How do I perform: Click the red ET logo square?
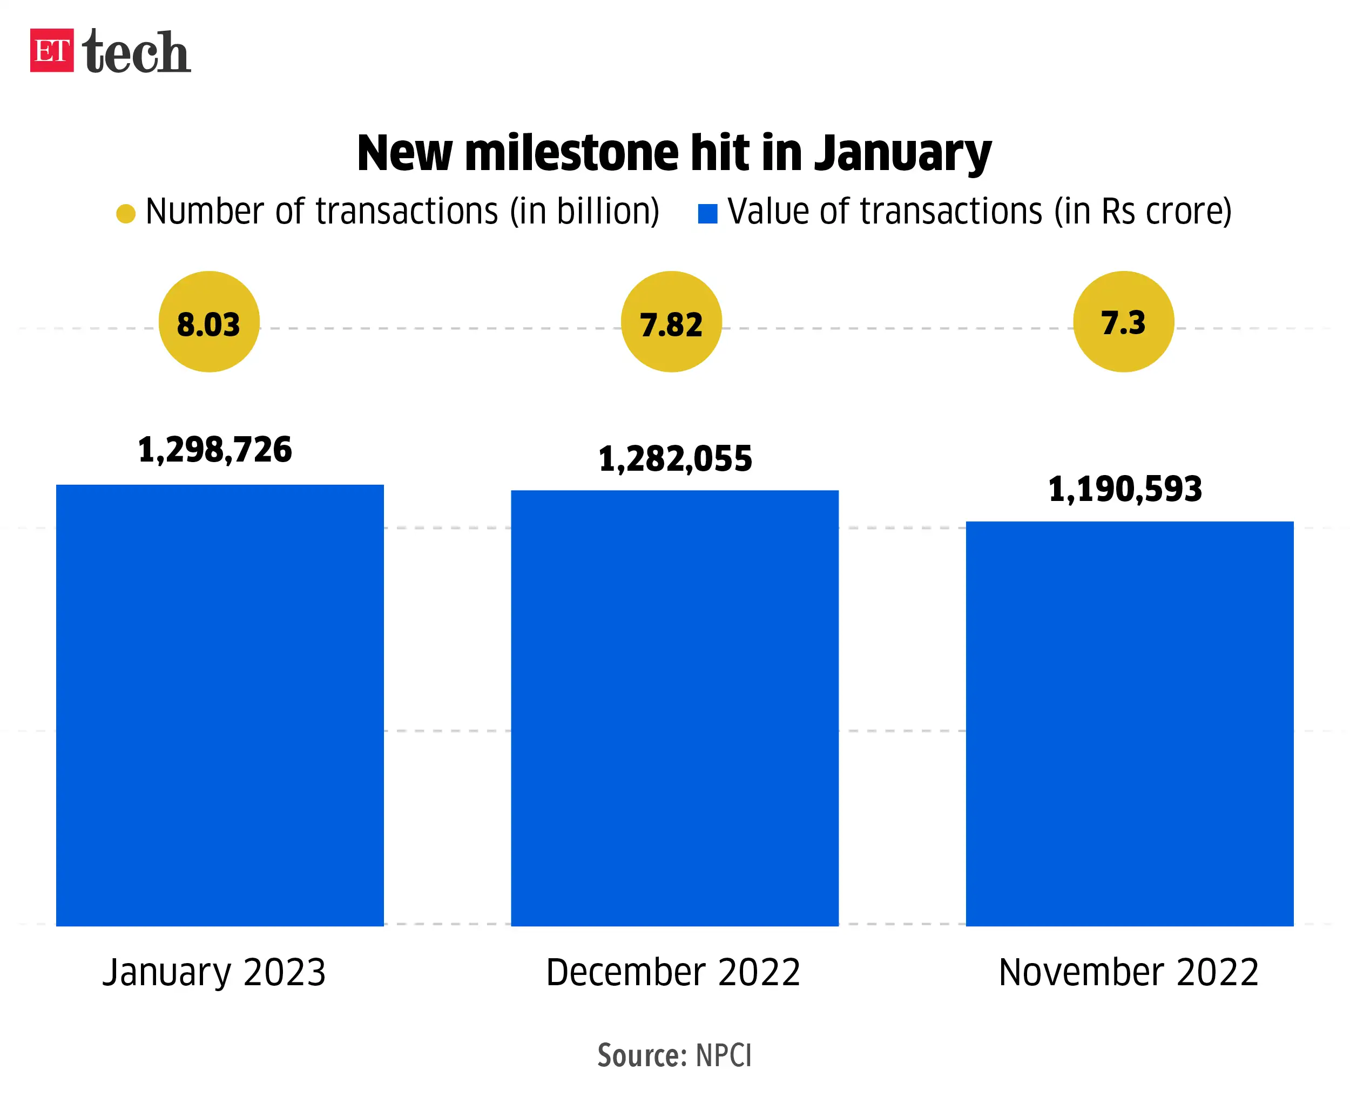pos(51,50)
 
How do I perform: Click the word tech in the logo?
pos(136,51)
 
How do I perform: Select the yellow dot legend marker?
pos(126,213)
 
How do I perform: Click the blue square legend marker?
pos(707,213)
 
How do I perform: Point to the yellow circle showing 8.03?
pos(209,322)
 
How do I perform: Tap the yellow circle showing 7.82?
pos(671,322)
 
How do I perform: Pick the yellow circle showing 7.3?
pos(1123,322)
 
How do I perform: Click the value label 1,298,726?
pos(215,449)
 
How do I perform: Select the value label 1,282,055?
pos(675,459)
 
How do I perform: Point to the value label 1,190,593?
pos(1125,489)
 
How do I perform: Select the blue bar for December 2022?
pos(674,707)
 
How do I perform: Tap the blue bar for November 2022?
pos(1130,723)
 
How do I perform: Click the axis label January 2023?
pos(214,972)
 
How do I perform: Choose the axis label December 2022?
pos(673,972)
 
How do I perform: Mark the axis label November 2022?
pos(1128,972)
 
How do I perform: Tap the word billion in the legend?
pos(607,212)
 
